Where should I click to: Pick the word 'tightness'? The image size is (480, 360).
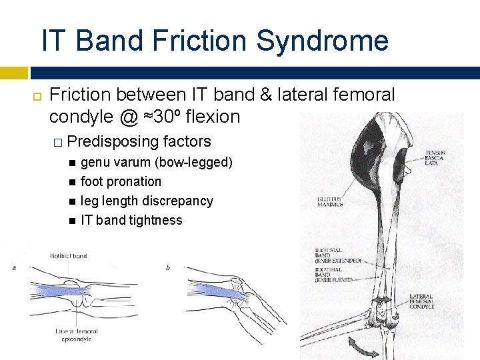(156, 220)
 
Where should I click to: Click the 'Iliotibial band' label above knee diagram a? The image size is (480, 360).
(68, 255)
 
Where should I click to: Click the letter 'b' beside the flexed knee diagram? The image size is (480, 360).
(168, 268)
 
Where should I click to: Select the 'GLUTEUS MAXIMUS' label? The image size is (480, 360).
(330, 201)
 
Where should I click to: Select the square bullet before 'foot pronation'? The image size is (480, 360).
(71, 182)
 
